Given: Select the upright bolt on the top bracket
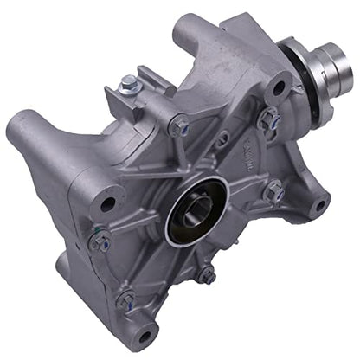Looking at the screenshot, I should (x=130, y=83).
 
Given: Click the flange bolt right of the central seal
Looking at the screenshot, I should (x=273, y=193).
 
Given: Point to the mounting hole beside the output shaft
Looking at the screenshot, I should (x=279, y=86).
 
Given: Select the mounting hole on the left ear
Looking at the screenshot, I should (x=107, y=205).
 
